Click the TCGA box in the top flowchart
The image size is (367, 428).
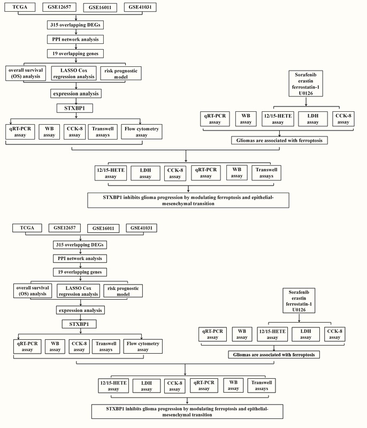(20, 7)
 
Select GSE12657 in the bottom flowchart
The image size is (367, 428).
(64, 228)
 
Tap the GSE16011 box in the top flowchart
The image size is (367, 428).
(100, 7)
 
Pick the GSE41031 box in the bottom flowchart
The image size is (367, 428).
(141, 228)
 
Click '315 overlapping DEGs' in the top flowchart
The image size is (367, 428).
(75, 25)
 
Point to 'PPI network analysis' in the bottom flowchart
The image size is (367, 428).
(80, 258)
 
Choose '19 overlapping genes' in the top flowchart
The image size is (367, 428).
(75, 53)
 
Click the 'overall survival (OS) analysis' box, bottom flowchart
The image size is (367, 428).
(33, 291)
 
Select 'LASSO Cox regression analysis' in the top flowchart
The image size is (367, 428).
(74, 73)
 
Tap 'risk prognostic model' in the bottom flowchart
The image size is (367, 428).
(123, 291)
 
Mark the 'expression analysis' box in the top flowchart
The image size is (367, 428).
(76, 94)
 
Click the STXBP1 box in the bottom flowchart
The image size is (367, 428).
(79, 324)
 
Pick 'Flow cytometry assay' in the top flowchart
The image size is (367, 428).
(142, 132)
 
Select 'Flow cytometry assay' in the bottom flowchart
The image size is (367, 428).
(143, 346)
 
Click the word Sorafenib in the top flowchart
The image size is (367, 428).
(305, 74)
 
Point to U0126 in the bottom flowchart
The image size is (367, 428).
(299, 310)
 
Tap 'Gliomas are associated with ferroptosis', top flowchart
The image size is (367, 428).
(279, 141)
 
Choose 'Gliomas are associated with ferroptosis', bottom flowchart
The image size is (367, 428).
(274, 355)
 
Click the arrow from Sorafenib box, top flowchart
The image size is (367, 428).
(306, 101)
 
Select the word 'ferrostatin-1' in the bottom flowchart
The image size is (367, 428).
(299, 304)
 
